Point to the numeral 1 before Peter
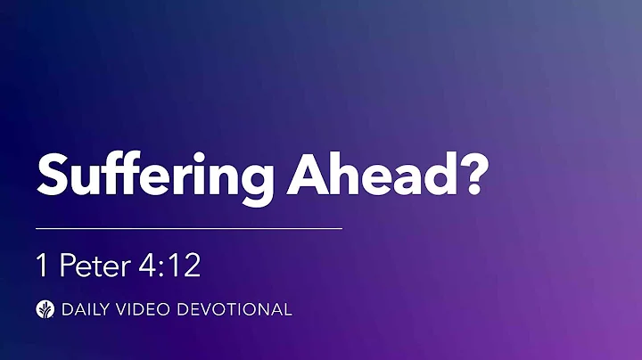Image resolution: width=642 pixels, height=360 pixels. click(42, 266)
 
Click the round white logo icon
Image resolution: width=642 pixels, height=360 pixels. click(45, 310)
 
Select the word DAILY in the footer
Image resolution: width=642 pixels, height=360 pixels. click(83, 310)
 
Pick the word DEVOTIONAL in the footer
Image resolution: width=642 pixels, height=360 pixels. click(234, 310)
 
